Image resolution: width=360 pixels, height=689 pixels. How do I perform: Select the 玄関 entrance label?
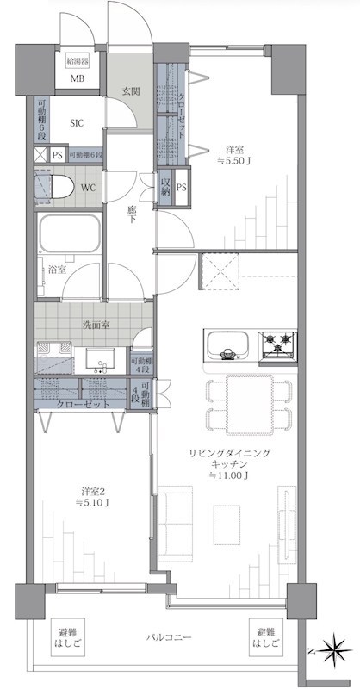tap(130, 92)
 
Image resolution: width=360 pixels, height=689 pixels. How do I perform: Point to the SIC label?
tap(78, 123)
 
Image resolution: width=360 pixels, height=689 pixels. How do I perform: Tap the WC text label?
tap(88, 187)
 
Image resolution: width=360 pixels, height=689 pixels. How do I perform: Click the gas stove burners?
tap(280, 344)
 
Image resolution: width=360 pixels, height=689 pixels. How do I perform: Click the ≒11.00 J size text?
tap(227, 475)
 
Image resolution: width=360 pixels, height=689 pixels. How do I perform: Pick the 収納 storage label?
tap(164, 187)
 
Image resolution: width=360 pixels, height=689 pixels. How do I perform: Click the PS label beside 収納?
tap(181, 187)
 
